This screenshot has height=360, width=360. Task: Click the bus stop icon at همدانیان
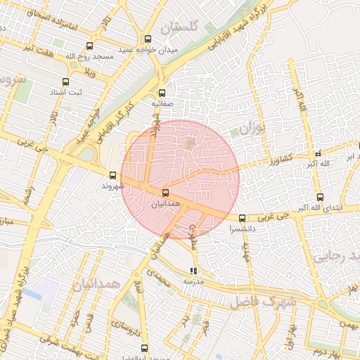tap(166, 193)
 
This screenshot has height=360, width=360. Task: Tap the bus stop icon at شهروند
tap(112, 175)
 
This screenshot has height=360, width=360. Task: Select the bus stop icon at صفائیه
tap(162, 92)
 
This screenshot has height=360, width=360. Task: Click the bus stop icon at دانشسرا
tap(243, 218)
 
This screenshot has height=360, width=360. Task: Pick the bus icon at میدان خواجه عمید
tap(148, 39)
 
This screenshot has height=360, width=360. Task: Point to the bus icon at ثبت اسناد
tap(66, 82)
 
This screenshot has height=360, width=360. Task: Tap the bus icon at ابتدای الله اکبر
tap(320, 197)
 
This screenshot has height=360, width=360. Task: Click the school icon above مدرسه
tap(193, 271)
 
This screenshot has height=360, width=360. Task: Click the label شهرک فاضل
tap(263, 302)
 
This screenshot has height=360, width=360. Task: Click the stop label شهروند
tap(112, 186)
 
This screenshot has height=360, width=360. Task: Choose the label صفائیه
tap(162, 103)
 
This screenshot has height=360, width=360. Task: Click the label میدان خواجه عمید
tap(147, 50)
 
